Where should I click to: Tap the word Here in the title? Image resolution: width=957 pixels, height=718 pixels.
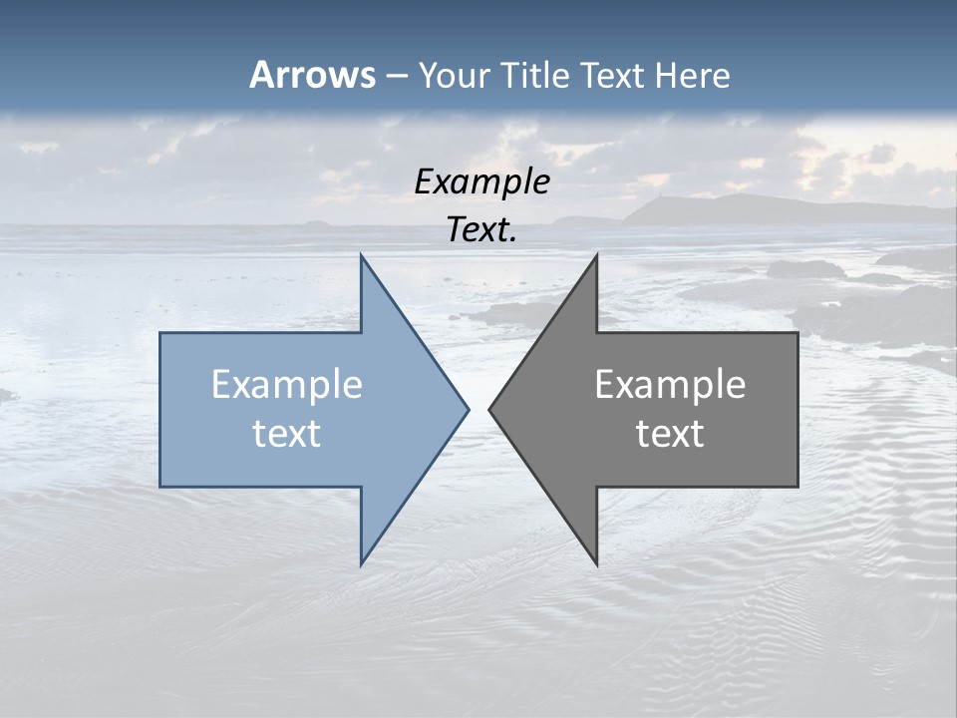(x=692, y=75)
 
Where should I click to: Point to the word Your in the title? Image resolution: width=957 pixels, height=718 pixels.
(x=454, y=75)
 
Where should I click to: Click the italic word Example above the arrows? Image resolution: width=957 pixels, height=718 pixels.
(x=481, y=181)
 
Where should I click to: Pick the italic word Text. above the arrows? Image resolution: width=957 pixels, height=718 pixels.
(x=481, y=229)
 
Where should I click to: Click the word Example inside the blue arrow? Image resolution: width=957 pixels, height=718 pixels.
(x=287, y=384)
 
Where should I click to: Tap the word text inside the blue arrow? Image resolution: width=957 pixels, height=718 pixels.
(x=287, y=433)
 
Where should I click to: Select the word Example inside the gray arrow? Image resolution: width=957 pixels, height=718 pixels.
(x=670, y=384)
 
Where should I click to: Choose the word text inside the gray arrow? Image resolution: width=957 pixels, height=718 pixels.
(x=670, y=433)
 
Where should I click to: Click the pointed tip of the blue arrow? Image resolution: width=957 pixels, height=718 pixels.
(x=467, y=408)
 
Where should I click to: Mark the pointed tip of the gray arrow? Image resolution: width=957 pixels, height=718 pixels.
(x=490, y=408)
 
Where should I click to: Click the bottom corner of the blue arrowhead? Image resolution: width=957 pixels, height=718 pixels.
(x=362, y=562)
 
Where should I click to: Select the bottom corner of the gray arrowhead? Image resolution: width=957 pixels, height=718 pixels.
(x=596, y=563)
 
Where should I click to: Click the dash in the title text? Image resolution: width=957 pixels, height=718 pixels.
(x=396, y=76)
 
